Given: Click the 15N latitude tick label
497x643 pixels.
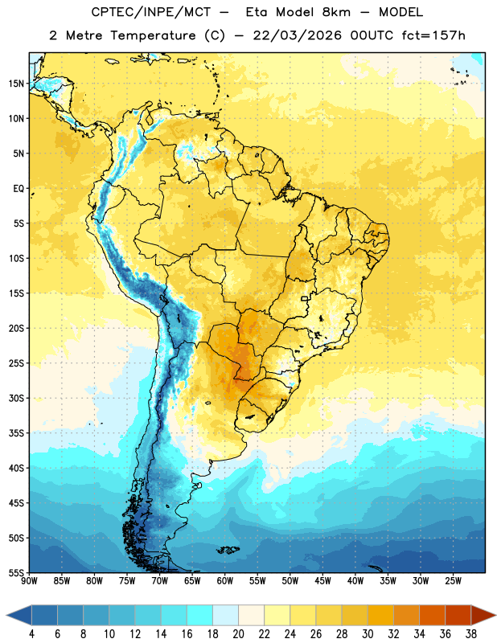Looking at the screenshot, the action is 16,84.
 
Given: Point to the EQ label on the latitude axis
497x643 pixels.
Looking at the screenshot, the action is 18,189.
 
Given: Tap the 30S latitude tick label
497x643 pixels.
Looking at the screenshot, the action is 16,398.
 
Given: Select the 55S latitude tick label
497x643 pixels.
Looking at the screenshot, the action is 16,573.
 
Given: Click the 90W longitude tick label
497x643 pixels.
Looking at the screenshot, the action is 29,581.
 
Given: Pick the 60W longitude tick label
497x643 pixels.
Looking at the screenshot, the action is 225,581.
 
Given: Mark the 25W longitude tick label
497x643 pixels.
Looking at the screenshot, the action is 453,581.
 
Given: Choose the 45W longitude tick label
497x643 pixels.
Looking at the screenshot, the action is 322,581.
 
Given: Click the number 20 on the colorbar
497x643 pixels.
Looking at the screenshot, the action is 238,634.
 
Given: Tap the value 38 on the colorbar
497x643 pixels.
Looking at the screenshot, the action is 470,634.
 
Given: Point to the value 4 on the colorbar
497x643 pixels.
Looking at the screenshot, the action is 31,634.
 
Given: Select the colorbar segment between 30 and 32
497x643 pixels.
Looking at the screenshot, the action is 380,616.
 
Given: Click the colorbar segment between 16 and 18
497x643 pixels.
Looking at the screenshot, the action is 200,616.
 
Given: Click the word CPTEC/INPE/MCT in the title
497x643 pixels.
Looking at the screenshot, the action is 150,12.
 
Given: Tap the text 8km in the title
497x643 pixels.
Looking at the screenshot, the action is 336,12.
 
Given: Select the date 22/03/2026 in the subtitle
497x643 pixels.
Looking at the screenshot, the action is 297,35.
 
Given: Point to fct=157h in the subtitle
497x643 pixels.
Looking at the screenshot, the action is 433,35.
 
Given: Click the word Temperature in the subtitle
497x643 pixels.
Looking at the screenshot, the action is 153,36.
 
